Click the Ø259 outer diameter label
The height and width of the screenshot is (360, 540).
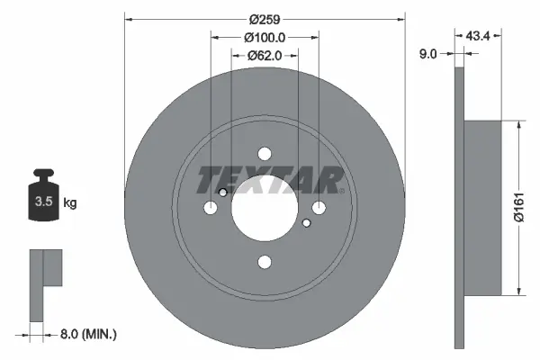pos(264,20)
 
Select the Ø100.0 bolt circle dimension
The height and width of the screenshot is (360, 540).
pos(264,38)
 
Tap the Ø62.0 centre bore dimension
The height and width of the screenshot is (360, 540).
pos(264,56)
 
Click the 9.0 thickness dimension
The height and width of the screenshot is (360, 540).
pos(427,54)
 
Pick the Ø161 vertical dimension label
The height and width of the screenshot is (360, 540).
pos(529,210)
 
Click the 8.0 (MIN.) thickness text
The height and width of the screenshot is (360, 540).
pos(86,334)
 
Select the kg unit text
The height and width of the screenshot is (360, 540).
pos(70,203)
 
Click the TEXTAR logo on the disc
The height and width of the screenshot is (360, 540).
pos(270,180)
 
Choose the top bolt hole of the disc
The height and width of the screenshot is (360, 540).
pos(264,154)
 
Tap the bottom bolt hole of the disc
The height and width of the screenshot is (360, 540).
pos(264,262)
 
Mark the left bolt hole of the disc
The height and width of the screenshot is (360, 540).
pos(211,208)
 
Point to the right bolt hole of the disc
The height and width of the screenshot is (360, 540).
pos(318,208)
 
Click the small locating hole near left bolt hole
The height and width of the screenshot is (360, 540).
pos(222,192)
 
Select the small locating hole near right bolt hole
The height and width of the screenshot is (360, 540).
pos(306,223)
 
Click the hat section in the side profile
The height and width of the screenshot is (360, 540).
pos(481,208)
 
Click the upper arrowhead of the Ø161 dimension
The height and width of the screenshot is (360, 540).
pos(519,127)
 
